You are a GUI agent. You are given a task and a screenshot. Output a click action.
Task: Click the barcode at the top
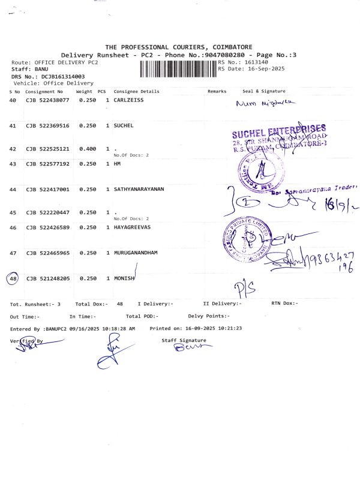pos(178,69)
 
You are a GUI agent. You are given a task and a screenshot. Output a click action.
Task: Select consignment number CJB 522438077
pos(47,100)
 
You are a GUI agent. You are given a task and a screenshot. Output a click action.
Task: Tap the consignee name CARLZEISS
pos(130,100)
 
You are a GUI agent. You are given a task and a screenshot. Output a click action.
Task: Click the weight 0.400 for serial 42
pos(88,149)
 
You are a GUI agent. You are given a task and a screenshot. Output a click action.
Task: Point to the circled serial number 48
pos(13,278)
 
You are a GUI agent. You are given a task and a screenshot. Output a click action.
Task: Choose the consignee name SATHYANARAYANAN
pos(139,190)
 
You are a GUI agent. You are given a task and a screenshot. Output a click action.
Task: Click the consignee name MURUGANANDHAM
pos(136,253)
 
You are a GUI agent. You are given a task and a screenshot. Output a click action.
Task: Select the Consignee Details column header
pos(136,91)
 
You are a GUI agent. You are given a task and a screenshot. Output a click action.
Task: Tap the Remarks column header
pos(217,91)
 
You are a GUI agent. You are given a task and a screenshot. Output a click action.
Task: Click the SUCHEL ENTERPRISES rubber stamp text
pos(279,130)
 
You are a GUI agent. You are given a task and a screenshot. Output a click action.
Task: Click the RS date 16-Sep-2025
pos(263,69)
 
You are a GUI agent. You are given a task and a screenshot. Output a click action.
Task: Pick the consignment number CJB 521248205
pos(47,278)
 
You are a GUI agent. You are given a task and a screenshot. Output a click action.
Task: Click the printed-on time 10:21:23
pos(230,328)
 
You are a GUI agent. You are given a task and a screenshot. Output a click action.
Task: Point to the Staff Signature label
pos(184,340)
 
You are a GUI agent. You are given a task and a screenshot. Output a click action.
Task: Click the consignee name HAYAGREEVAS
pos(133,228)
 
